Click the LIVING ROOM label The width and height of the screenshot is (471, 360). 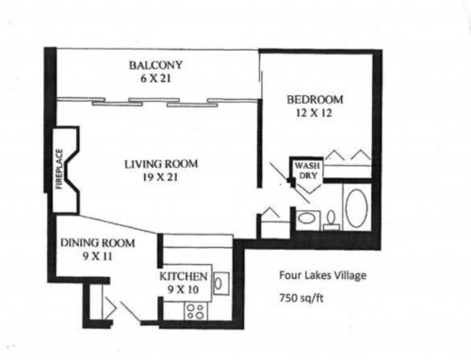coord(161,164)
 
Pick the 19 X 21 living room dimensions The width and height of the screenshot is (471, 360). coord(161,177)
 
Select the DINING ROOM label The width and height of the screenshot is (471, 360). coord(97,243)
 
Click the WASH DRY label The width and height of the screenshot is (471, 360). coord(307,171)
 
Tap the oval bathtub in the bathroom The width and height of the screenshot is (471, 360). coord(357,208)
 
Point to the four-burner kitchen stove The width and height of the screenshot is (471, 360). coord(195,309)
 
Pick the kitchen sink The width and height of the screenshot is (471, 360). coord(219,282)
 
